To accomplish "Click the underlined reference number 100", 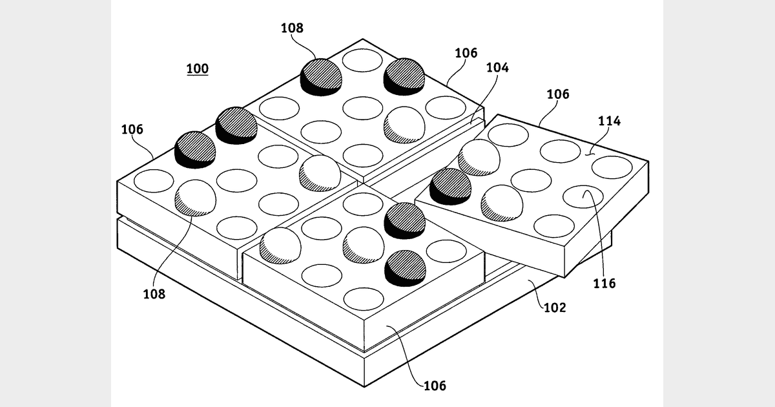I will pyautogui.click(x=198, y=68).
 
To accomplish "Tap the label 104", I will pyautogui.click(x=498, y=67).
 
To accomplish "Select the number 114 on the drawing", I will pyautogui.click(x=609, y=121).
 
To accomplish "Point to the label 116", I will pyautogui.click(x=606, y=283).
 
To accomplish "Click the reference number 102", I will pyautogui.click(x=555, y=308).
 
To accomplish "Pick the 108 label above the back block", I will pyautogui.click(x=292, y=28).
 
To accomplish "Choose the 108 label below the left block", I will pyautogui.click(x=154, y=294).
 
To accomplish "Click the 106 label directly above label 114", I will pyautogui.click(x=558, y=94).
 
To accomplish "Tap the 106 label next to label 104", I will pyautogui.click(x=466, y=53).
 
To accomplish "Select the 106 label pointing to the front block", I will pyautogui.click(x=434, y=386).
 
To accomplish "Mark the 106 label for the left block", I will pyautogui.click(x=132, y=129).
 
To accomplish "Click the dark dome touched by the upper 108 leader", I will pyautogui.click(x=321, y=76).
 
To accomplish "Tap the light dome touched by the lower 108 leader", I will pyautogui.click(x=196, y=197).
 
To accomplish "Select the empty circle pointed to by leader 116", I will pyautogui.click(x=583, y=196).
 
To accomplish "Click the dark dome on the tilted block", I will pyautogui.click(x=450, y=185).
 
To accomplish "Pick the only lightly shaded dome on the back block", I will pyautogui.click(x=404, y=123).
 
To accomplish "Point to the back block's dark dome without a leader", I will pyautogui.click(x=404, y=76).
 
